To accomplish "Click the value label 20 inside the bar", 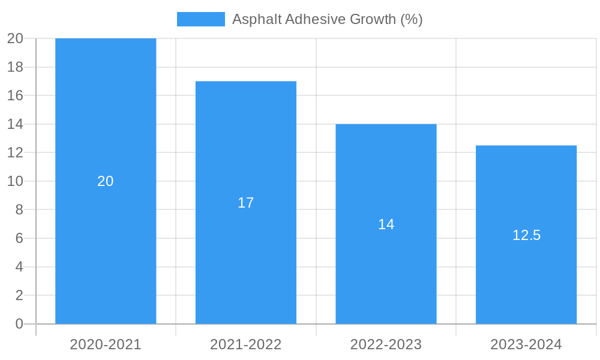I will (x=106, y=181).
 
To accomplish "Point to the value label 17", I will (x=246, y=203).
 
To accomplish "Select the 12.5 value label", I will (x=526, y=235).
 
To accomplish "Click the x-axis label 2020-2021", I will (x=106, y=344).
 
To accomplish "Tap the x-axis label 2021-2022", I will (x=246, y=344).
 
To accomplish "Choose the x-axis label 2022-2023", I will (x=386, y=344).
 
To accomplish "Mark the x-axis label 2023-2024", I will (x=526, y=344).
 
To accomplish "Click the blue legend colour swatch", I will (x=200, y=19).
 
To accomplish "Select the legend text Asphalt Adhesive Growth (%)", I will (x=327, y=19).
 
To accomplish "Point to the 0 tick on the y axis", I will (x=19, y=324).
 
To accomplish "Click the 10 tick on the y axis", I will (x=15, y=181).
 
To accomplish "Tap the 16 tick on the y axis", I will (x=15, y=95).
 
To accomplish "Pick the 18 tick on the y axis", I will (x=15, y=67).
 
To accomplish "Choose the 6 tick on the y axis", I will (x=19, y=238).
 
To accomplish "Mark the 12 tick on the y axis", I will (x=15, y=153).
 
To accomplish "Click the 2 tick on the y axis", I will (x=19, y=295).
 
